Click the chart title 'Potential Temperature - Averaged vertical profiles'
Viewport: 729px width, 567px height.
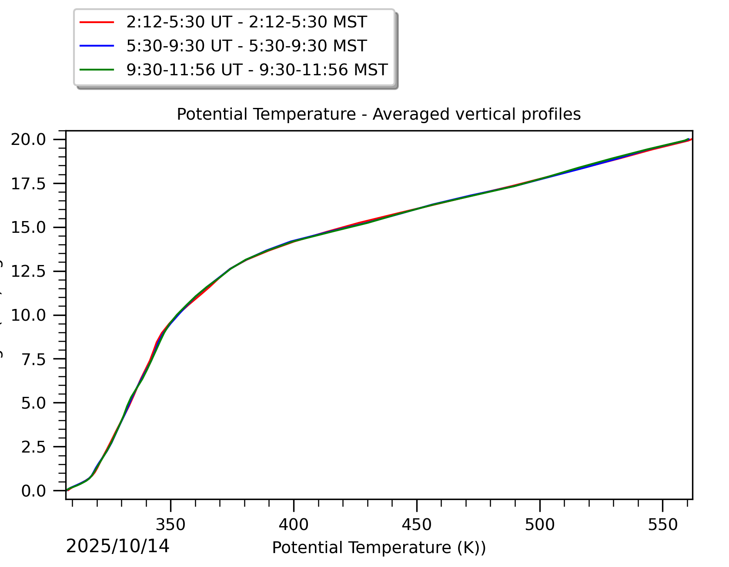point(378,114)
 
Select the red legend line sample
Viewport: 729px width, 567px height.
point(97,22)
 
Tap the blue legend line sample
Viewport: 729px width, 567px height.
point(97,46)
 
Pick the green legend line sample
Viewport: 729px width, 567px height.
point(97,70)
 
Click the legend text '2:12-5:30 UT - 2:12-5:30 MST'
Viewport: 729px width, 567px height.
point(246,22)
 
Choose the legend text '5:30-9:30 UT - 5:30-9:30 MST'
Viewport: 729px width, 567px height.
point(246,46)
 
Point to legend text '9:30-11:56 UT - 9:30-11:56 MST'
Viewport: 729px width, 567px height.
point(257,70)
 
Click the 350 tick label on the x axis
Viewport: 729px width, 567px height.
point(171,525)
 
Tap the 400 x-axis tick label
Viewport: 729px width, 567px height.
point(294,525)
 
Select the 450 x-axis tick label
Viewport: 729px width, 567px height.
point(417,525)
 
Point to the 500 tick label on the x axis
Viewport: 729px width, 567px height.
point(540,525)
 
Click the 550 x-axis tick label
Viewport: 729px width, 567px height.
point(662,525)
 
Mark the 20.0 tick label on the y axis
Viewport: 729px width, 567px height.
point(28,140)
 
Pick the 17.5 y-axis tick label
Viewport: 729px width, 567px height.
point(28,184)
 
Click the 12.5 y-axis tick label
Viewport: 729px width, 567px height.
point(28,272)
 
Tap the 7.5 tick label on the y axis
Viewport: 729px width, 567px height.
point(33,359)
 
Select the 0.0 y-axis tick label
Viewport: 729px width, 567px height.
point(33,491)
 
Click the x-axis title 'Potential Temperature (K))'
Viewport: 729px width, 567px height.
point(378,548)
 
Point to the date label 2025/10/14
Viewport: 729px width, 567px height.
point(117,547)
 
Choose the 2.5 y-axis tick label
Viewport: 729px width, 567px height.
point(33,447)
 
